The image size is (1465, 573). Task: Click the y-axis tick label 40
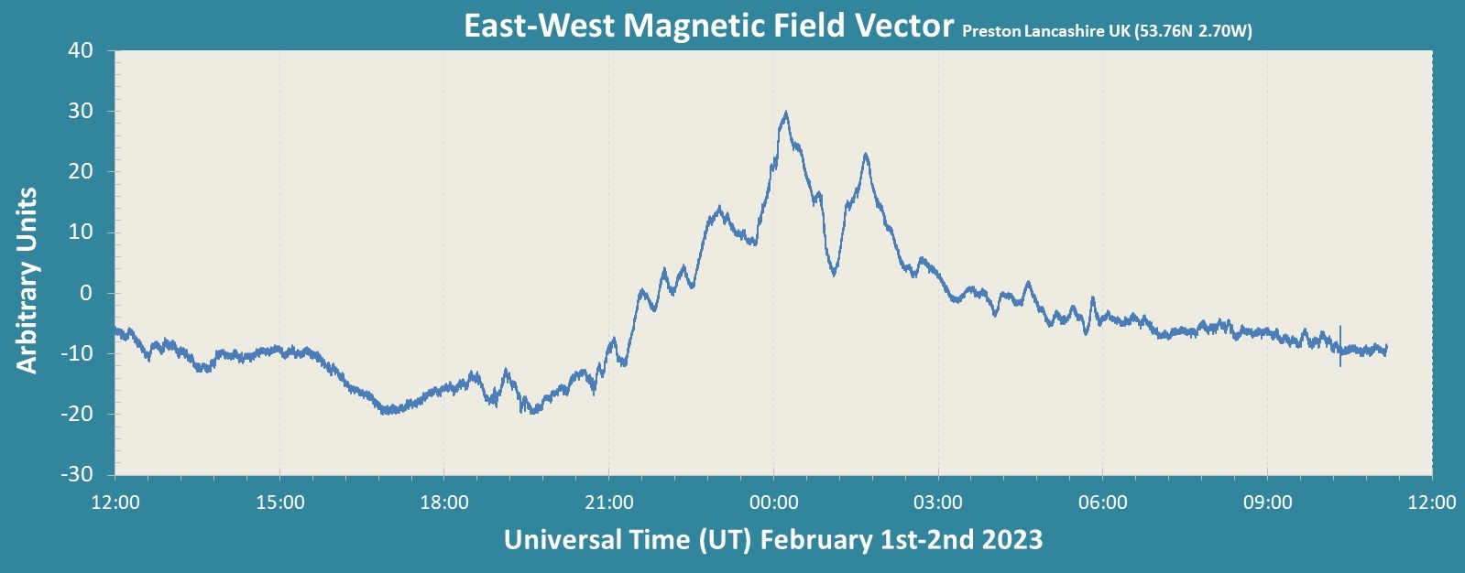click(x=81, y=51)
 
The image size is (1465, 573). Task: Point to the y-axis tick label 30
click(x=81, y=112)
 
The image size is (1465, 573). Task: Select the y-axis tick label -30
click(x=77, y=474)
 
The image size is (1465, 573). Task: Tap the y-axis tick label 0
click(x=86, y=293)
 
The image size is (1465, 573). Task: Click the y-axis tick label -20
click(x=77, y=414)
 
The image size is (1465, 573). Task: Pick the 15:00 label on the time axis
click(x=280, y=503)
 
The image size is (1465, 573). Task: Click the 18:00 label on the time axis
click(x=444, y=503)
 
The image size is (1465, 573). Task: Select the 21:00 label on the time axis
click(x=609, y=503)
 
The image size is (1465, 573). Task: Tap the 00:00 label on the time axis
click(x=773, y=503)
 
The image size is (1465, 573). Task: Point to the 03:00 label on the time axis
click(x=938, y=503)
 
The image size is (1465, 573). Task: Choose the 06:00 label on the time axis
click(x=1102, y=503)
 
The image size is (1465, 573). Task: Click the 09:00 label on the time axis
click(x=1267, y=503)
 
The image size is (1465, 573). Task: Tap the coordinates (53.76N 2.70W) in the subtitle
click(x=1193, y=31)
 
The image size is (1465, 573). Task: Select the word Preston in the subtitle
click(x=990, y=31)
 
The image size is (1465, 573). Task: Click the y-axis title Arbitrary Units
click(x=27, y=280)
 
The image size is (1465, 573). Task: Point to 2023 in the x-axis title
click(x=1012, y=539)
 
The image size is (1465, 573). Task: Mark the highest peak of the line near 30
click(x=785, y=113)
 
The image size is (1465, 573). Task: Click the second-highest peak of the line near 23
click(x=865, y=155)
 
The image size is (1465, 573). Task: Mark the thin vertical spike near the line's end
click(x=1340, y=345)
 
